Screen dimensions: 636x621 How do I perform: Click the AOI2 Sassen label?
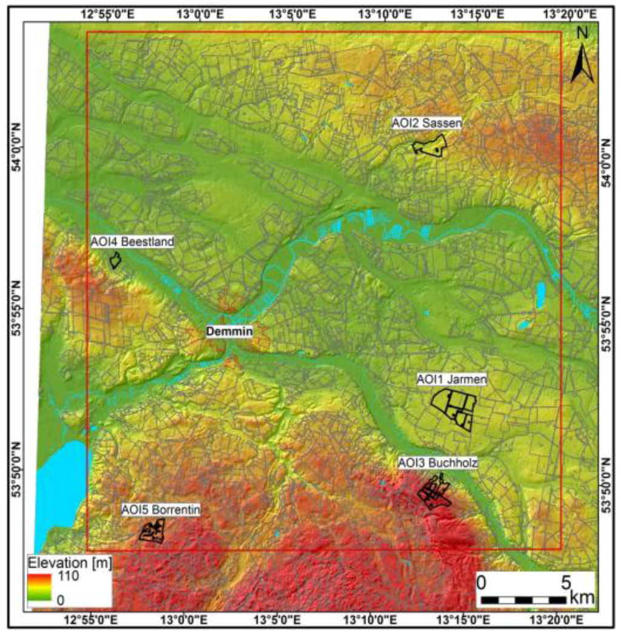(x=427, y=124)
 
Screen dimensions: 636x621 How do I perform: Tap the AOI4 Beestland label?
(x=132, y=242)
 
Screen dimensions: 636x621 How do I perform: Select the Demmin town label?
(x=229, y=331)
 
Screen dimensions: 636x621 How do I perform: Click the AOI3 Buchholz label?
(x=438, y=463)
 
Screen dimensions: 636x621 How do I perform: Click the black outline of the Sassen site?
(x=430, y=146)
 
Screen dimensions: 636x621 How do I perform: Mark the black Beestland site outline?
(x=115, y=261)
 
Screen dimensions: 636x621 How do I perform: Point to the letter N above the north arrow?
(x=582, y=34)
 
